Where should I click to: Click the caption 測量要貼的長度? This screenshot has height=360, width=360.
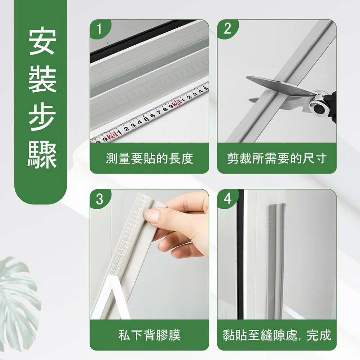tap(149, 158)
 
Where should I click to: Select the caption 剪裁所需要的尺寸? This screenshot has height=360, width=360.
tap(276, 158)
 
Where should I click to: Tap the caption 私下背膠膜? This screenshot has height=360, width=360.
tap(149, 336)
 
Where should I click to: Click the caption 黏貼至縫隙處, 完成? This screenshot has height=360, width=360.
tap(276, 336)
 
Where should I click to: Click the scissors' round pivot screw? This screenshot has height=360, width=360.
tap(318, 106)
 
